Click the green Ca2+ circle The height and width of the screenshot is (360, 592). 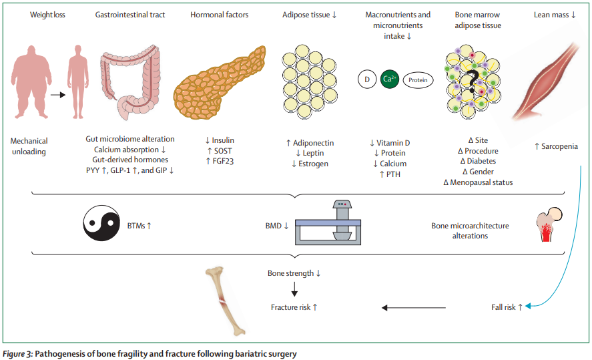click(x=388, y=79)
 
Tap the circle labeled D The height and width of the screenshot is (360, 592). click(x=366, y=79)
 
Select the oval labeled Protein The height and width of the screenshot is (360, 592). click(x=418, y=80)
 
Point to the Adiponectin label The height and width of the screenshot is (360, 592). click(x=314, y=143)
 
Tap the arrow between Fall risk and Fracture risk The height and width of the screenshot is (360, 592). click(x=414, y=307)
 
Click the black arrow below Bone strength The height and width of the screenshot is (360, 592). click(x=294, y=289)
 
